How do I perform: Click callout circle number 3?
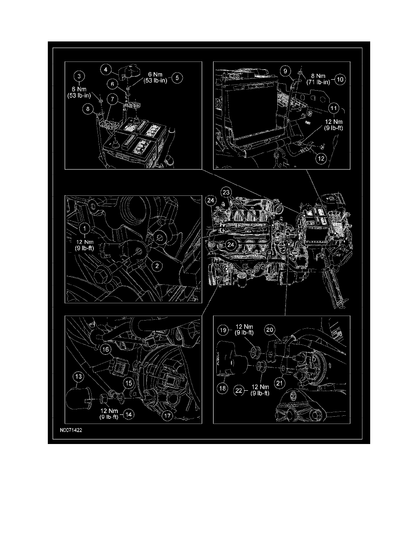point(79,76)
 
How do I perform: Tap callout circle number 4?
point(106,69)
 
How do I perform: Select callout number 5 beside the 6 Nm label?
point(177,77)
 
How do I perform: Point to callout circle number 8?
point(87,109)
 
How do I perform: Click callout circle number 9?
point(285,71)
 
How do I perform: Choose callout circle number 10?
point(340,79)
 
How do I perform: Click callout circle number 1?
point(85,228)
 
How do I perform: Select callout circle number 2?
point(157,265)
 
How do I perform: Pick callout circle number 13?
point(78,377)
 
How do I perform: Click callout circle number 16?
point(106,350)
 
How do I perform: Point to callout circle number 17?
point(167,416)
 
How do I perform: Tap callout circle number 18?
point(223,388)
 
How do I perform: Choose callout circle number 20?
point(270,330)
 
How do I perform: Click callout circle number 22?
point(239,391)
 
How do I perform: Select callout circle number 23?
point(226,192)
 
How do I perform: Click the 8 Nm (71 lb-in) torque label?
point(318,79)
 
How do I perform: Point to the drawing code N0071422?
point(71,430)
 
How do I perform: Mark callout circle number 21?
point(280,383)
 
